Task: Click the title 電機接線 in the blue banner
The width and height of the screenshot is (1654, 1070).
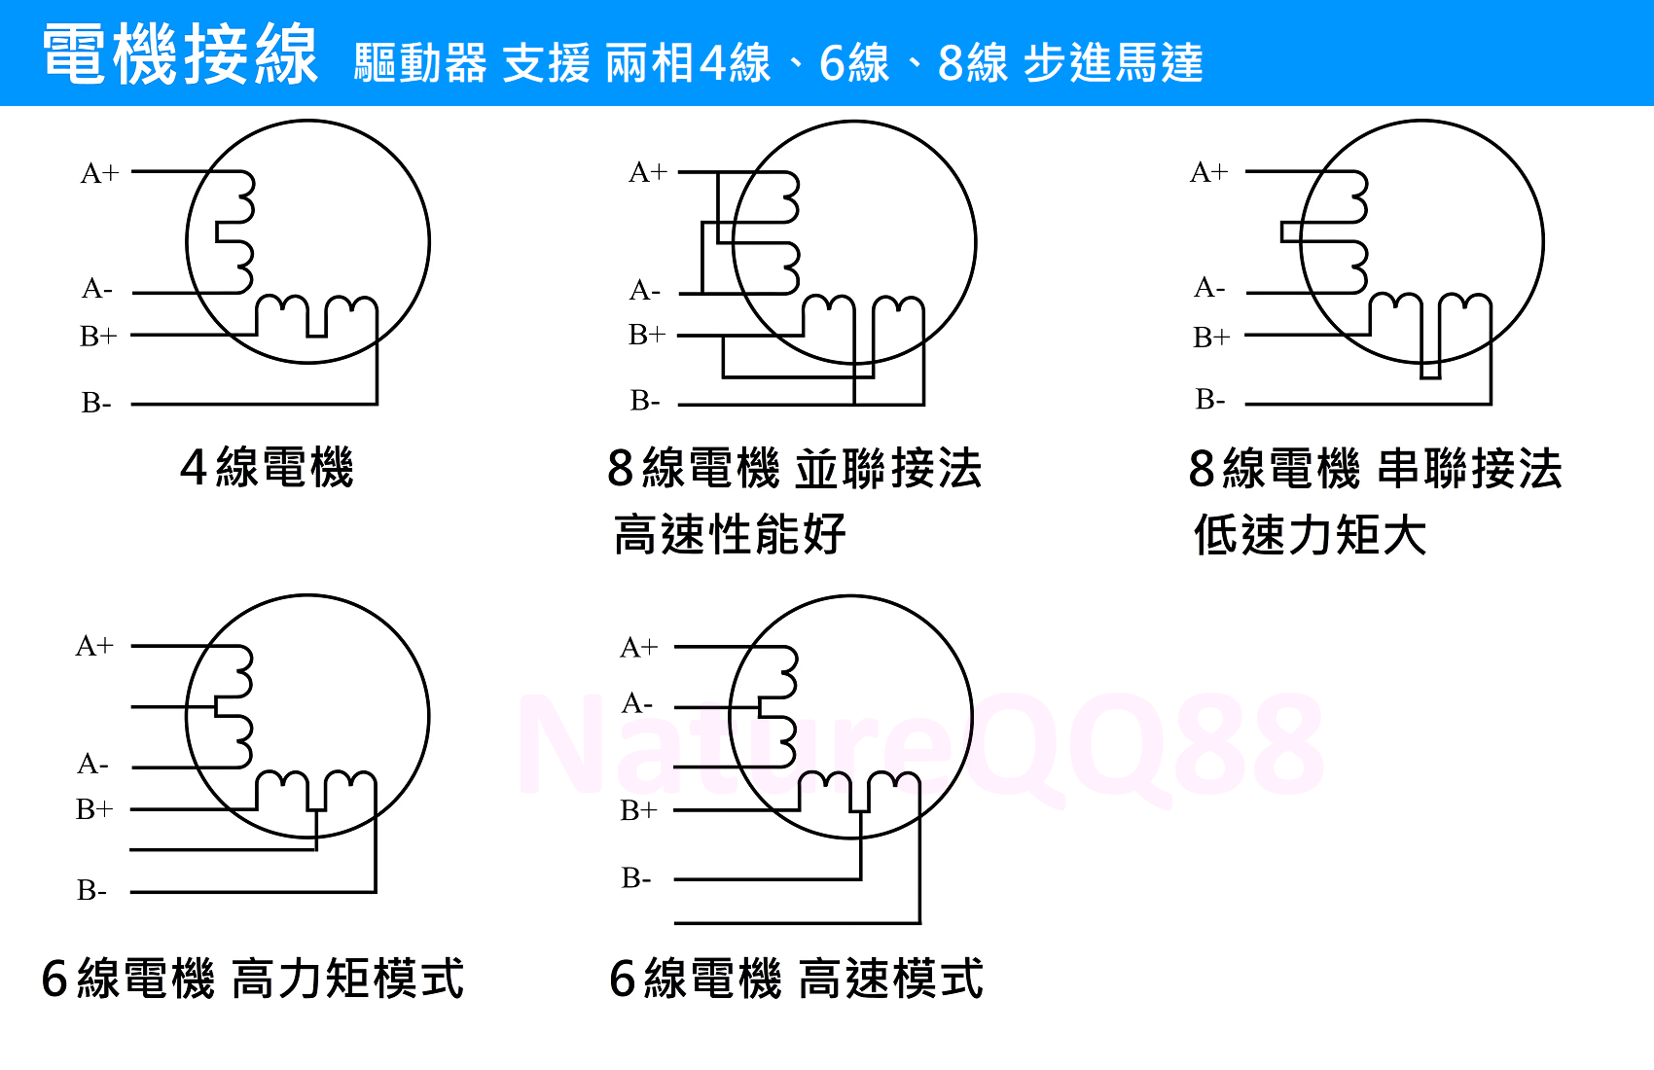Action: tap(181, 53)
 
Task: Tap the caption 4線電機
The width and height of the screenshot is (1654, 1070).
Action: tap(268, 468)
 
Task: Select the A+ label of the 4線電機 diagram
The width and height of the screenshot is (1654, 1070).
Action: tap(99, 173)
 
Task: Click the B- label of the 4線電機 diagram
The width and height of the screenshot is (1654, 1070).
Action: tap(96, 403)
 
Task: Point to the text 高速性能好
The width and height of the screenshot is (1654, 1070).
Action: tap(730, 534)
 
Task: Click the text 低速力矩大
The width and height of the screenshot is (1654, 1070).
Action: tap(1310, 534)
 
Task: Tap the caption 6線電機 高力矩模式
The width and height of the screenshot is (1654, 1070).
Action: tap(253, 979)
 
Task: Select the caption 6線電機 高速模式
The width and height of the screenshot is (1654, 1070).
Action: tap(796, 979)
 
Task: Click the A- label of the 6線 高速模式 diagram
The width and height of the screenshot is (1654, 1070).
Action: tap(636, 703)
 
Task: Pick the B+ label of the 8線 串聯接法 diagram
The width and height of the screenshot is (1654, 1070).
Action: tap(1211, 337)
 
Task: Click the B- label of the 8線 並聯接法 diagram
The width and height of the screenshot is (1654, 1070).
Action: tap(645, 400)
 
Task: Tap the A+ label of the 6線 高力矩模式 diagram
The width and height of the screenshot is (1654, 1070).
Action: tap(94, 646)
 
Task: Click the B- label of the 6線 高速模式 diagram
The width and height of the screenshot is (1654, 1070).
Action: tap(636, 878)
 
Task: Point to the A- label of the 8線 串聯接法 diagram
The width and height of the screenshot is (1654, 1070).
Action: tap(1209, 287)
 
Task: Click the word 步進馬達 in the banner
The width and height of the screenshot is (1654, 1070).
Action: tap(1113, 63)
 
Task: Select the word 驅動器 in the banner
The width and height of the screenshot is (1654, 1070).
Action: tap(420, 63)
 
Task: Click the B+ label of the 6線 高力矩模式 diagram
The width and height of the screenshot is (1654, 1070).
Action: tap(94, 809)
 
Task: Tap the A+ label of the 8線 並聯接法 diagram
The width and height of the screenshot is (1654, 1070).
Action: tap(648, 172)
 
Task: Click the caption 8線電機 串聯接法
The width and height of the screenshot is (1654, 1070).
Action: tap(1375, 468)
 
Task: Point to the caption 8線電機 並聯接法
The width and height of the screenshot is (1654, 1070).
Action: tap(795, 468)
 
